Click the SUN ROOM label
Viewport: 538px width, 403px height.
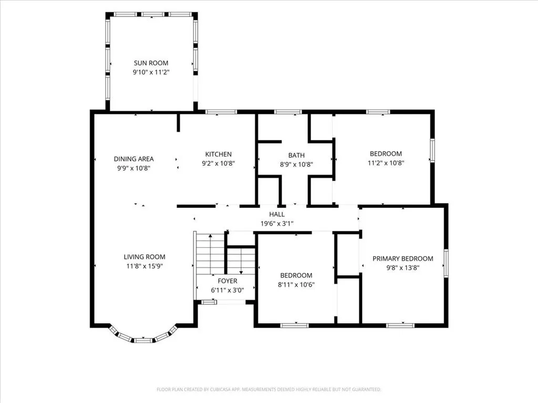pos(151,63)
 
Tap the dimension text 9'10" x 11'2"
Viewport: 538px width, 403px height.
pos(151,72)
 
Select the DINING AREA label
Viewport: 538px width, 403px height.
pos(134,159)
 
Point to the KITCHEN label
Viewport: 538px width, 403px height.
pos(218,154)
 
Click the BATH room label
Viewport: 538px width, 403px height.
pos(296,155)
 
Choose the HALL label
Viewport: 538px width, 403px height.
pos(277,215)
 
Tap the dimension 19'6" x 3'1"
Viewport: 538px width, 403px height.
pos(277,224)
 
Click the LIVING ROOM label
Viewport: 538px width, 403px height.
pos(144,257)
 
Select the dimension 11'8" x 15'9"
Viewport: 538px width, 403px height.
pos(144,266)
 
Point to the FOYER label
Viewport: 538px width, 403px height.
pos(227,281)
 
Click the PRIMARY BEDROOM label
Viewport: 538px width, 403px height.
pos(403,259)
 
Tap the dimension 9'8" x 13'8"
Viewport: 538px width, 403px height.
pos(403,268)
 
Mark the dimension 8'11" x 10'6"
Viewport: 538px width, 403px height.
pos(296,285)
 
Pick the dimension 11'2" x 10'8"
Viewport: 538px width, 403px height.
pos(386,163)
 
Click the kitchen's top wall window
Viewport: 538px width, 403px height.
pos(221,112)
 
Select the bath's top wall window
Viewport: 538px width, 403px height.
pos(287,112)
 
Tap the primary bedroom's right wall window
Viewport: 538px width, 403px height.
pos(446,263)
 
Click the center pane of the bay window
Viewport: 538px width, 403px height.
pos(143,340)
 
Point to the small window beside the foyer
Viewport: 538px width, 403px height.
pos(208,302)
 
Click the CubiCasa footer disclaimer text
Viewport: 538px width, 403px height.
pos(269,390)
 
